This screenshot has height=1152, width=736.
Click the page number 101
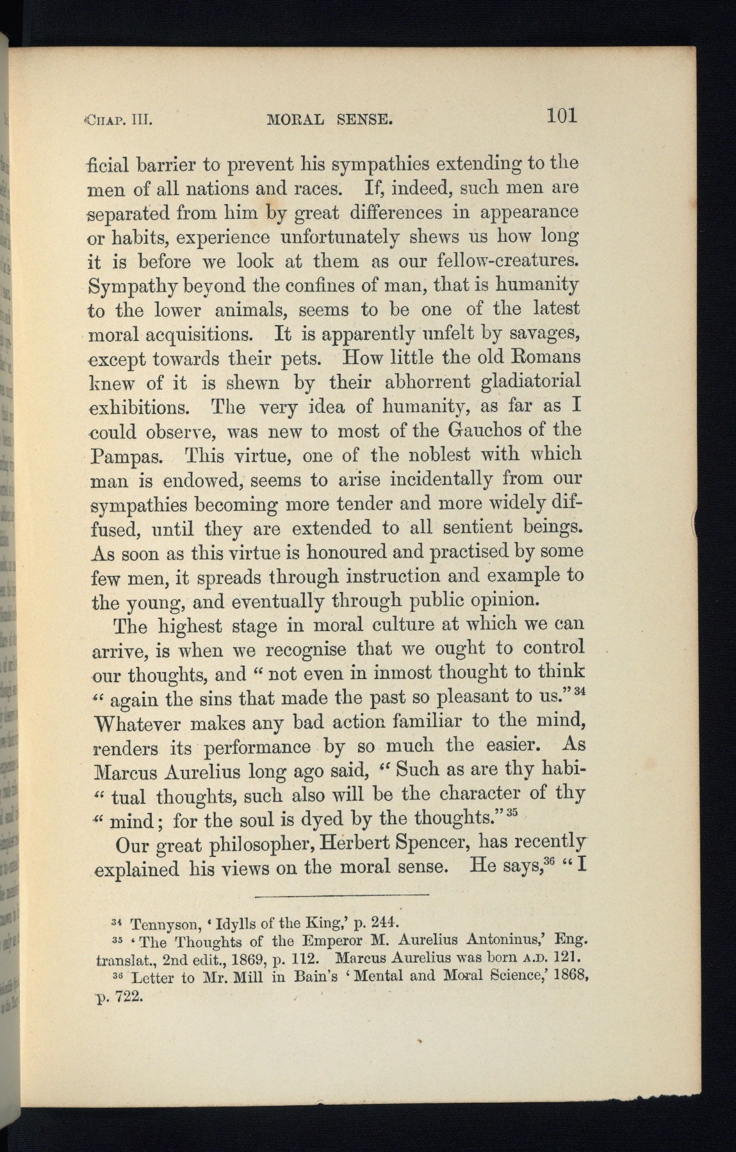tap(562, 115)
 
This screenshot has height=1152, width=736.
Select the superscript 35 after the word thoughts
tap(511, 813)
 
